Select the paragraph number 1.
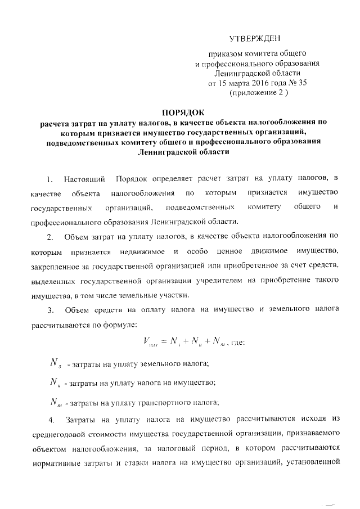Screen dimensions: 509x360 pyautogui.click(x=49, y=179)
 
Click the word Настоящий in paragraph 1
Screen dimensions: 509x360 pyautogui.click(x=85, y=179)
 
